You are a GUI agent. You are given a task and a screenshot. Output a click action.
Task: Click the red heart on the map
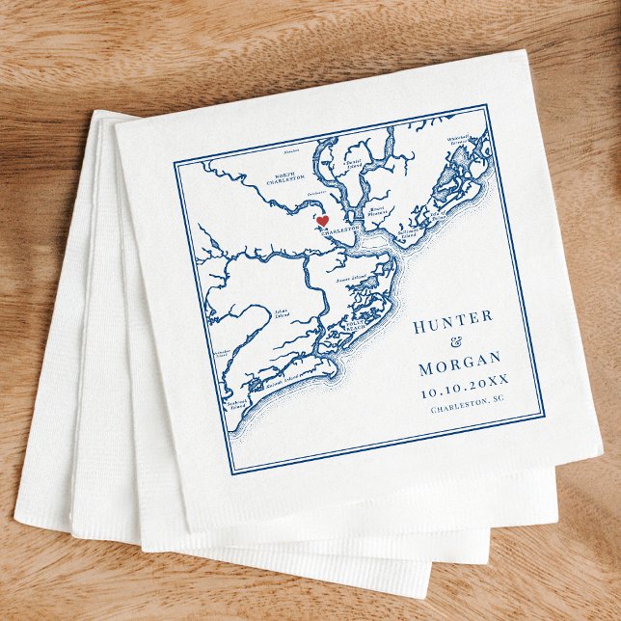click(x=322, y=221)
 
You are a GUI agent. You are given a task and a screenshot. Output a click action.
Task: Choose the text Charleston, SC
click(x=468, y=408)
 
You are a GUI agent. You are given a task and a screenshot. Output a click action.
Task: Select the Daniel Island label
click(x=355, y=163)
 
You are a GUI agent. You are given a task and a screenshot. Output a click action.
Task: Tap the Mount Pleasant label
click(x=378, y=209)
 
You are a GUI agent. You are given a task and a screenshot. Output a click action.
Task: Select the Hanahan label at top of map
click(x=292, y=151)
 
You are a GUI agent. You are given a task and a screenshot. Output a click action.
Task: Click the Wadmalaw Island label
click(x=221, y=353)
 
